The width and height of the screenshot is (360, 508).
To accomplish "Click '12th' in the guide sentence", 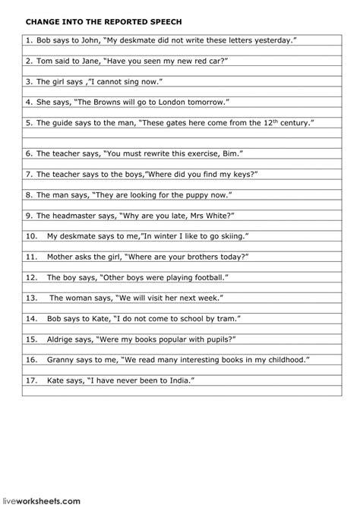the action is tap(271, 121).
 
